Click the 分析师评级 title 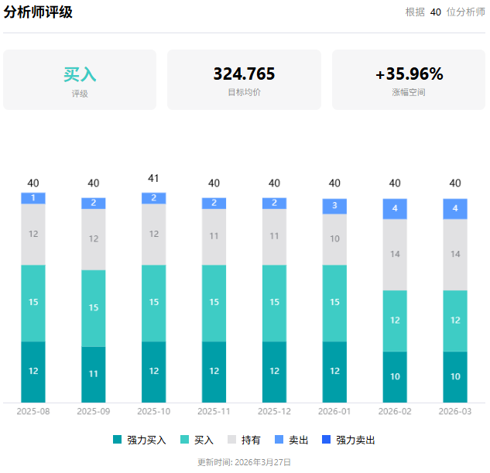(38, 12)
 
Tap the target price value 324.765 (244, 74)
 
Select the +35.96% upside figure (409, 74)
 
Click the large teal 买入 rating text (80, 74)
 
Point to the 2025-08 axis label (33, 411)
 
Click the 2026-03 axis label (455, 411)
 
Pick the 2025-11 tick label (214, 411)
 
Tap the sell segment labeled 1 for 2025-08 (33, 198)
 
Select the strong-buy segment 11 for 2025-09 (94, 374)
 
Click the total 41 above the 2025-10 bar (153, 179)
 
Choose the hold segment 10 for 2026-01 (334, 239)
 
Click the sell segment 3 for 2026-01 (334, 206)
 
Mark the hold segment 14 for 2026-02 (395, 254)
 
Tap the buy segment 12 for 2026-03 (455, 320)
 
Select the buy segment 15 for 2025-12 (274, 303)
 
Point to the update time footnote (245, 462)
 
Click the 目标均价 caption (244, 92)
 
